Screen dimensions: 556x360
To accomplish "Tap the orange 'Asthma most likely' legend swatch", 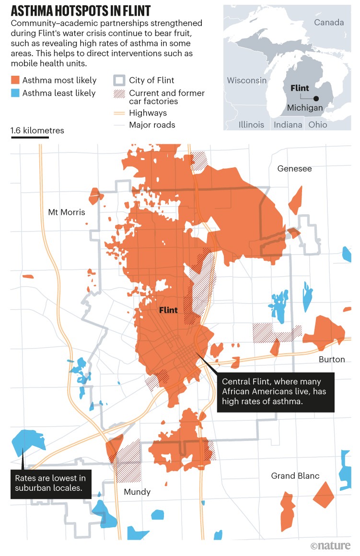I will (x=15, y=81).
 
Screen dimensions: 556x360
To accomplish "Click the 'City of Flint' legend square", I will (x=119, y=81).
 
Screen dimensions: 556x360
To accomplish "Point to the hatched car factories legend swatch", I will (x=119, y=93).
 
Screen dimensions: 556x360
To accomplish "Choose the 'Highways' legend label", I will (x=148, y=113).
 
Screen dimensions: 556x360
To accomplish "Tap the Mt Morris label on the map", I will (x=67, y=212).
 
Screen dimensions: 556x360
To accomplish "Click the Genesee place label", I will (x=294, y=169).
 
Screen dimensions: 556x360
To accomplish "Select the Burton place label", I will (x=332, y=359).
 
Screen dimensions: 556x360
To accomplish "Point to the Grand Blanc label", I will (x=295, y=476).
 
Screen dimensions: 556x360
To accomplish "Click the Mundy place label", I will (x=137, y=492).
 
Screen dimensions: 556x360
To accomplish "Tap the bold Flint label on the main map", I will (x=168, y=310).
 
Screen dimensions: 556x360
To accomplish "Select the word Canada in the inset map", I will (x=329, y=23).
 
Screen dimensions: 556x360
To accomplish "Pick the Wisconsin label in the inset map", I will (x=246, y=80).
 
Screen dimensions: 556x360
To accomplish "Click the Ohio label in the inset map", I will (x=318, y=125).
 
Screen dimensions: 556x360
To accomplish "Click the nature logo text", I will (x=330, y=545).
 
